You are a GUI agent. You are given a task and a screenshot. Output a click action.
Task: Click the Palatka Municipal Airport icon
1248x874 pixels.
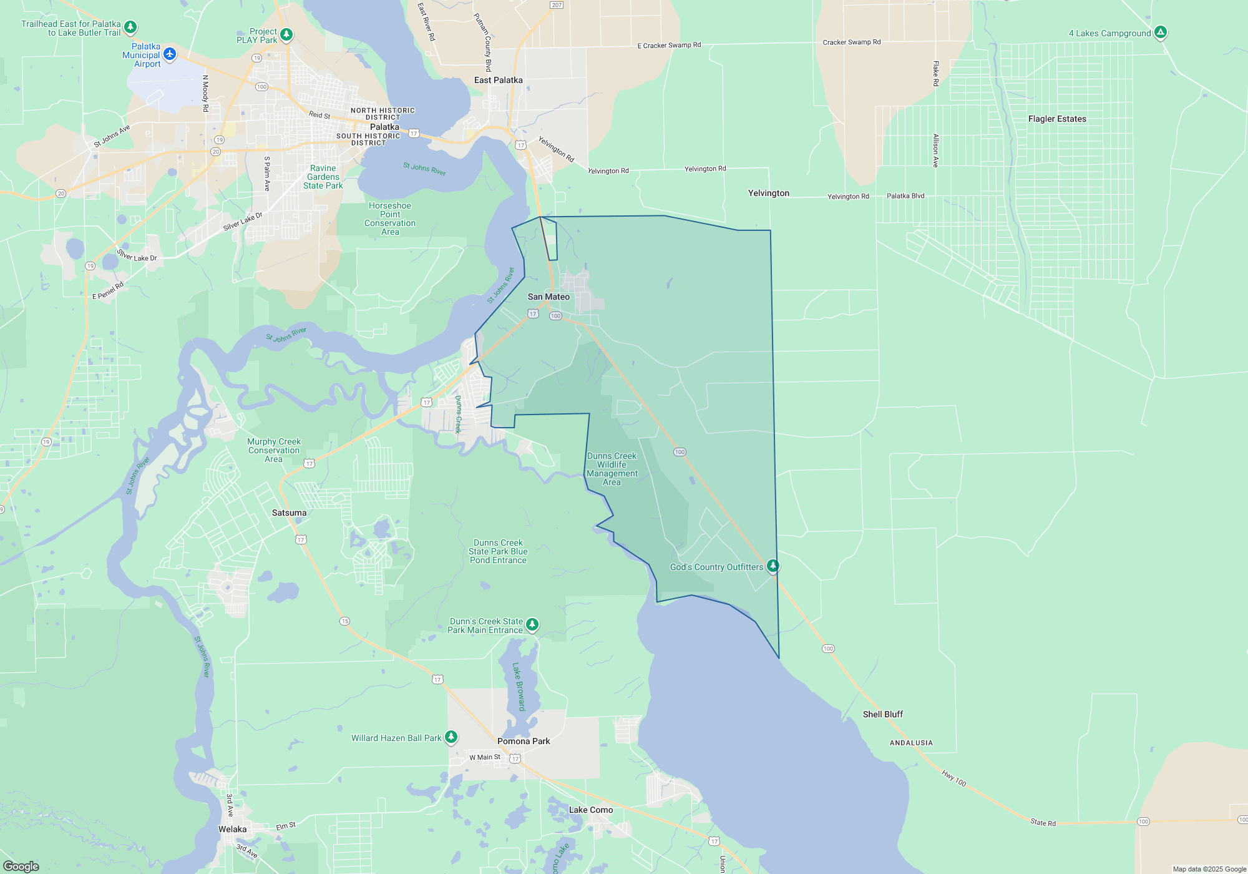pyautogui.click(x=169, y=54)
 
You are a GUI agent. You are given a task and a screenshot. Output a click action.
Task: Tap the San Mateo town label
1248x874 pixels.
pyautogui.click(x=548, y=297)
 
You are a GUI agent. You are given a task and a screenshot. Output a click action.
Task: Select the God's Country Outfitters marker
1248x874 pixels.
pyautogui.click(x=773, y=566)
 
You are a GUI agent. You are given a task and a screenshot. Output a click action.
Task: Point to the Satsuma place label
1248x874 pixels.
pyautogui.click(x=289, y=513)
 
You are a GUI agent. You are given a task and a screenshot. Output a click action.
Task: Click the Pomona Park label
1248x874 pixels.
pyautogui.click(x=524, y=742)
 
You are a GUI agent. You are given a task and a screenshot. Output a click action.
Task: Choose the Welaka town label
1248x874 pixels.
pyautogui.click(x=232, y=830)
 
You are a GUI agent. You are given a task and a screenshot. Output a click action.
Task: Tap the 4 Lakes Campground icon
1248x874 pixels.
pyautogui.click(x=1160, y=32)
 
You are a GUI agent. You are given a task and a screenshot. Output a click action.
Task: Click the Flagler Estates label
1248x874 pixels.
pyautogui.click(x=1057, y=119)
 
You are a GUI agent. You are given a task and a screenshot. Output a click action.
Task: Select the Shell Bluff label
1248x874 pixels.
pyautogui.click(x=882, y=715)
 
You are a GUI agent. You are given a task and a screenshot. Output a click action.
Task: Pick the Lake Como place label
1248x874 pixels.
pyautogui.click(x=590, y=810)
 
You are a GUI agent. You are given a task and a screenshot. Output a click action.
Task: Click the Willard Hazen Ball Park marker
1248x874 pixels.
pyautogui.click(x=451, y=737)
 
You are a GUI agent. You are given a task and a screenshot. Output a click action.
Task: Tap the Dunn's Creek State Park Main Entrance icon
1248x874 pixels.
pyautogui.click(x=532, y=624)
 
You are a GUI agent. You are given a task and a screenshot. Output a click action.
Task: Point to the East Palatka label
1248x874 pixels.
pyautogui.click(x=498, y=81)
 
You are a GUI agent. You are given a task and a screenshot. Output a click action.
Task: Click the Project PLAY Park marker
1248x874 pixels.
pyautogui.click(x=286, y=34)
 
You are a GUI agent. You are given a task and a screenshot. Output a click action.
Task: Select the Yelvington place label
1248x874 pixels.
pyautogui.click(x=768, y=194)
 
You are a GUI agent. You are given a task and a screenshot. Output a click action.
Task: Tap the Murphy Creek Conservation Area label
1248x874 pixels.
pyautogui.click(x=274, y=450)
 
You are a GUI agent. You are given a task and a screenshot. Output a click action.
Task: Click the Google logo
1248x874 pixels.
pyautogui.click(x=21, y=866)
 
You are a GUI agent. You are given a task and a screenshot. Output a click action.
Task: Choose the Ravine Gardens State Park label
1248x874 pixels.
pyautogui.click(x=323, y=177)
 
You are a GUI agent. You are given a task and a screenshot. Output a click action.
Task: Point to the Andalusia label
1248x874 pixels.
pyautogui.click(x=911, y=743)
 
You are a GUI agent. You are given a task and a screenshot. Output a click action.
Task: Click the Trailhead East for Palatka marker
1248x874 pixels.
pyautogui.click(x=130, y=27)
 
